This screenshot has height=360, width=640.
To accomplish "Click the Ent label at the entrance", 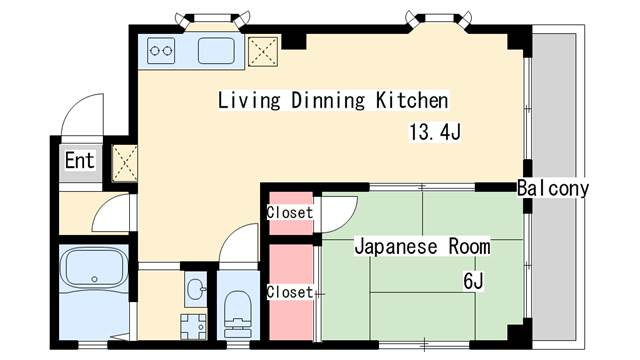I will click(x=80, y=160).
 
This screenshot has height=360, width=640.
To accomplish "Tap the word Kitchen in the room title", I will click(x=411, y=101).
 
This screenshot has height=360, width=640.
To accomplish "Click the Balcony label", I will click(x=553, y=188).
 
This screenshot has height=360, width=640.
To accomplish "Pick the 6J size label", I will click(x=473, y=281).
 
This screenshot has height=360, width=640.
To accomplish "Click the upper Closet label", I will click(x=290, y=213).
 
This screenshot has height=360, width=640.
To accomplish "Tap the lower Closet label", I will click(x=290, y=292).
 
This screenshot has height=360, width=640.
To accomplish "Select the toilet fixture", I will click(x=237, y=310).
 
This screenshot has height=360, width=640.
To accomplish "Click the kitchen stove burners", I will click(x=162, y=47).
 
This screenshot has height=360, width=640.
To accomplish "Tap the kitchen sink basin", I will click(x=215, y=48).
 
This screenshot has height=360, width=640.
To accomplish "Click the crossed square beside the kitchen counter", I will click(x=263, y=50).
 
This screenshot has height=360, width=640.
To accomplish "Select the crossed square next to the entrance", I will click(x=124, y=160).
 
